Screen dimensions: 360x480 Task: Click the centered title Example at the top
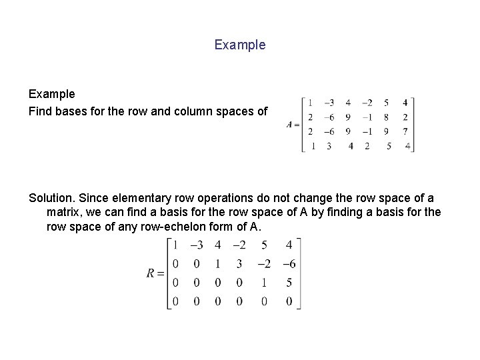[x=240, y=45]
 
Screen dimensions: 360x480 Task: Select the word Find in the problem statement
[x=40, y=111]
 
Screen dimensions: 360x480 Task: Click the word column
[x=185, y=111]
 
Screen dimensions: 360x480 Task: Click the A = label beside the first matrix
[x=292, y=124]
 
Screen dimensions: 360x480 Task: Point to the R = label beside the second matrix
[x=155, y=274]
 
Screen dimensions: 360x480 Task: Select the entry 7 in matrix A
[x=406, y=131]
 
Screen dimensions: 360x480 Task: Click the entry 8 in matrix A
[x=387, y=117]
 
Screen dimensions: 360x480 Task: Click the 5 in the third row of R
[x=289, y=283]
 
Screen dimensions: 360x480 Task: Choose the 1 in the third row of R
[x=264, y=283]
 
